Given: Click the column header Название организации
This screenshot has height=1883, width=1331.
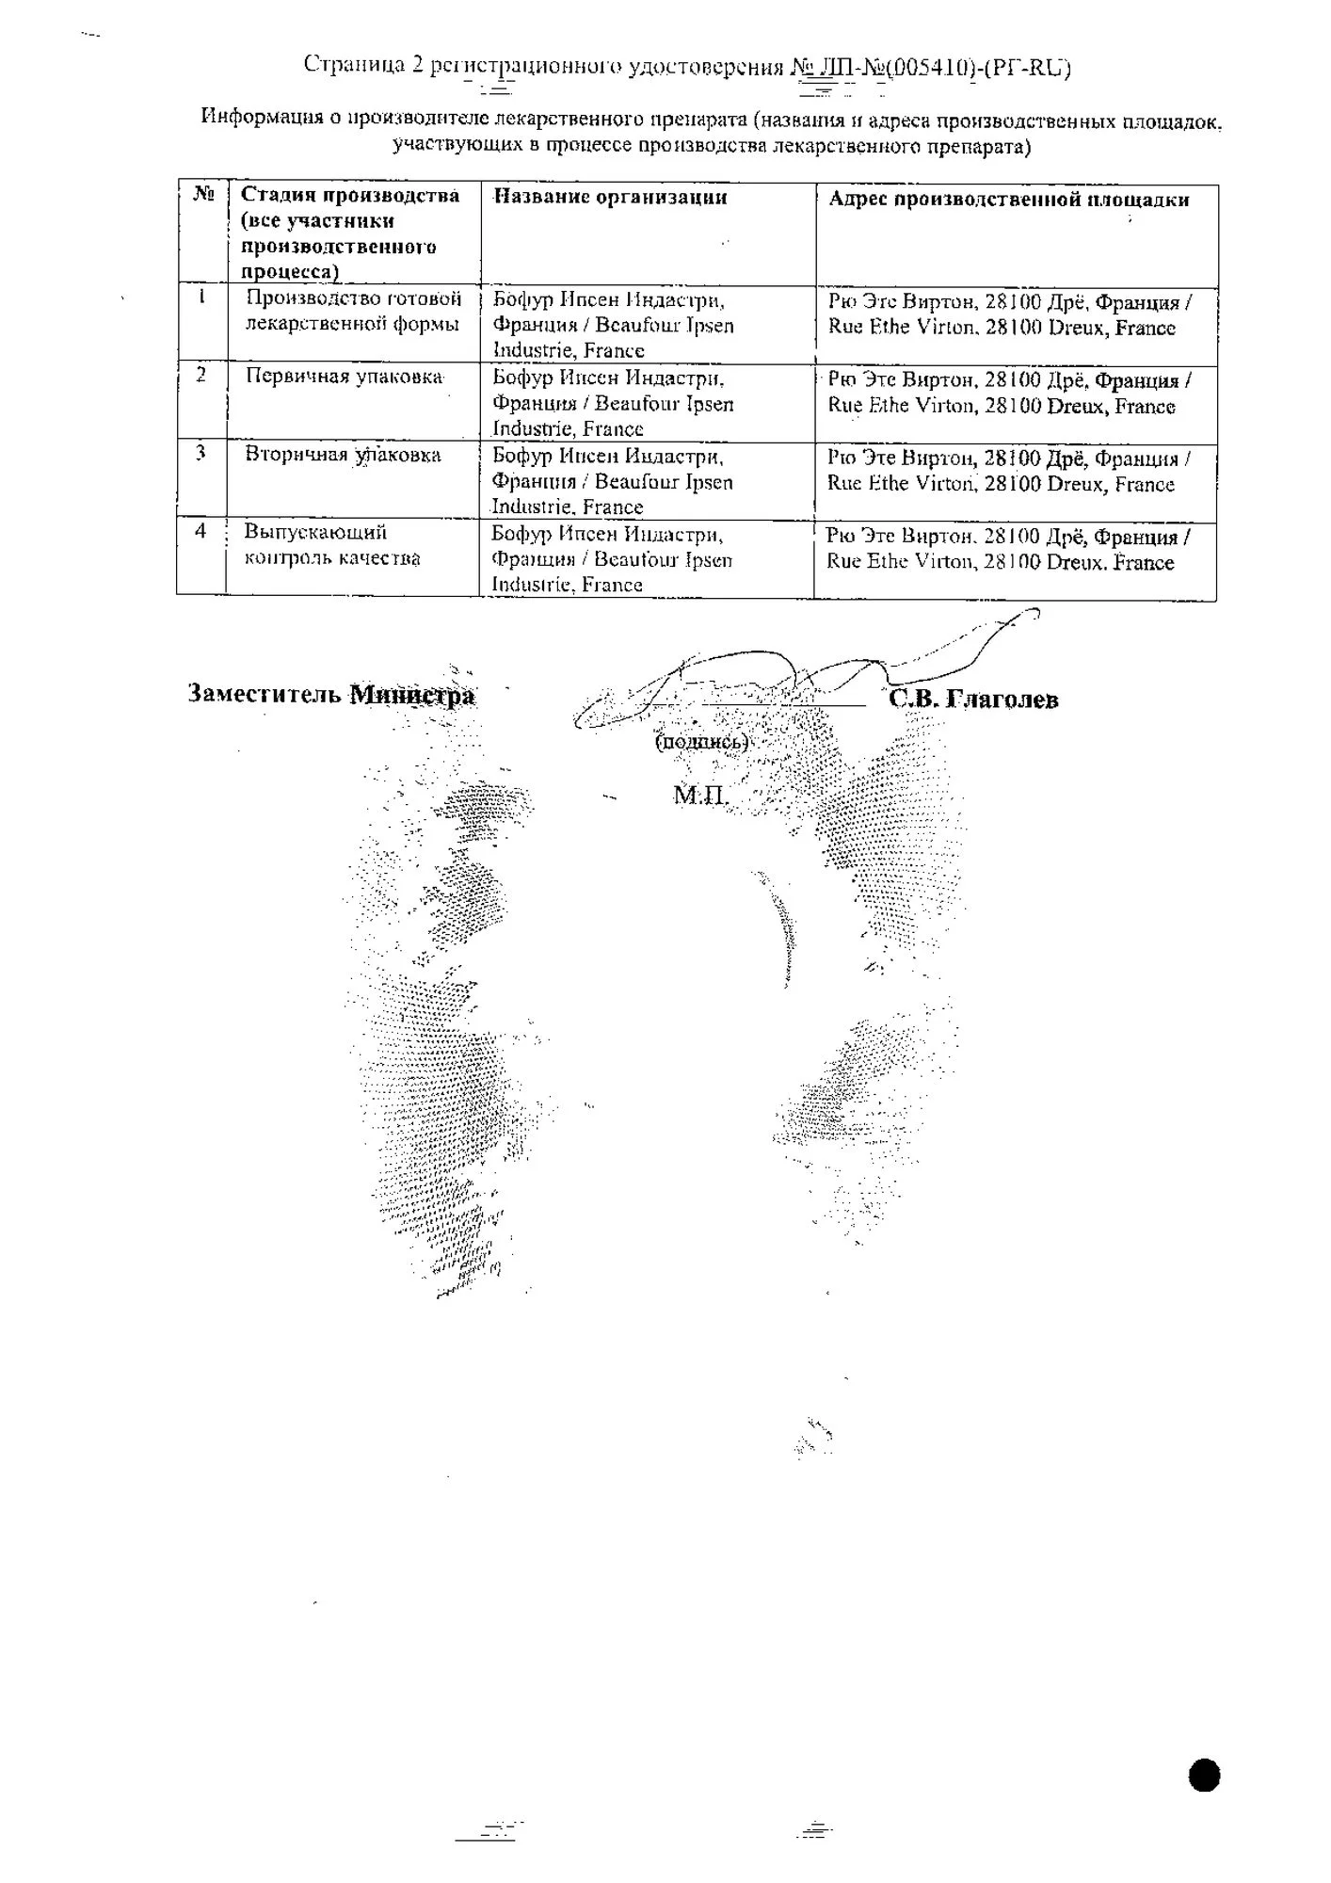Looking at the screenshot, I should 611,197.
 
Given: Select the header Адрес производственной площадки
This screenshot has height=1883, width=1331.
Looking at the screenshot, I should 1008,200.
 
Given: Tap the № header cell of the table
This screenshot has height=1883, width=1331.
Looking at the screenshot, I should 203,194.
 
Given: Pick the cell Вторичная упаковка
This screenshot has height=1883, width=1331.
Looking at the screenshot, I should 343,455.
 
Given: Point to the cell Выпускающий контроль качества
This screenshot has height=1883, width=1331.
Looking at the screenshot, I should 331,545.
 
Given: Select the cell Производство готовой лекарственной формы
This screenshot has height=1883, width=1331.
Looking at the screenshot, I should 353,312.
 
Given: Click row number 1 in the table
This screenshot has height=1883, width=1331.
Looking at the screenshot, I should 201,298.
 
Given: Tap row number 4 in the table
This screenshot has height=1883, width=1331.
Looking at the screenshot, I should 200,531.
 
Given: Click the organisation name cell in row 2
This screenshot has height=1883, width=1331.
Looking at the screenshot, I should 613,403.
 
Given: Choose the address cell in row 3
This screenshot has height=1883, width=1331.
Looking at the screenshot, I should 1008,472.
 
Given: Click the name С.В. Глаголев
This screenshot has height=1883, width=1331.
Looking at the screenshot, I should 973,700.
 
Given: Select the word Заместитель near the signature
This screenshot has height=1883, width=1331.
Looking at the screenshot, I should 265,695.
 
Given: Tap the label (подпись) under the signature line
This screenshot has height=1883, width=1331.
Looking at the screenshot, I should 701,742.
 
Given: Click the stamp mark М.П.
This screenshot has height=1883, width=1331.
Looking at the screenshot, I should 700,797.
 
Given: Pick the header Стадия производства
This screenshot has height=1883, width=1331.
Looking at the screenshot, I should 350,195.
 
